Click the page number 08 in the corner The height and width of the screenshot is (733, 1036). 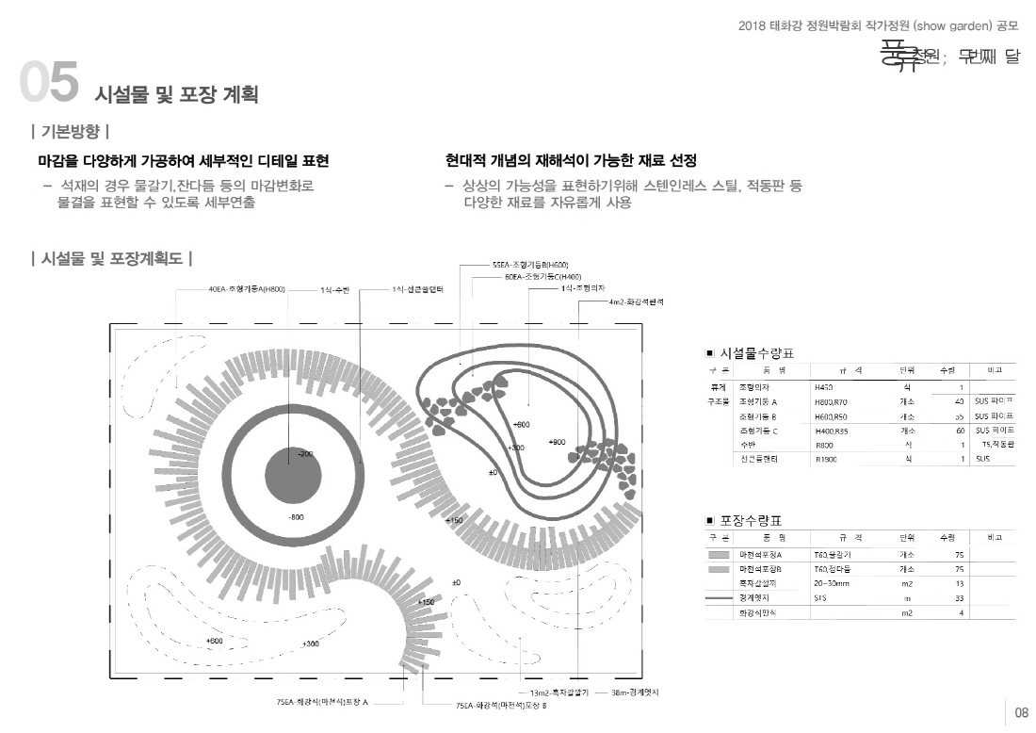tap(1022, 712)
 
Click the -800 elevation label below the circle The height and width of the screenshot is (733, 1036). tap(296, 517)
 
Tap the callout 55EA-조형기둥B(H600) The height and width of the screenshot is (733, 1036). tap(530, 266)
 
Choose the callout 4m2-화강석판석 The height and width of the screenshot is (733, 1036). tap(637, 301)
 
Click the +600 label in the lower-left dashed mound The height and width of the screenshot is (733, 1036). tap(214, 641)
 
